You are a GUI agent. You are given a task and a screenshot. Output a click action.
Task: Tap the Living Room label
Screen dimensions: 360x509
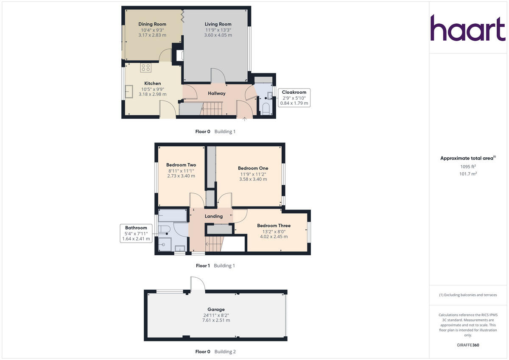click(218, 24)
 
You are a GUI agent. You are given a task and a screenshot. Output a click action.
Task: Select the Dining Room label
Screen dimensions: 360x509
click(152, 24)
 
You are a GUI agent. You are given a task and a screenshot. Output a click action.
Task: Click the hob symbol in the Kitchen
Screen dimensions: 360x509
click(145, 67)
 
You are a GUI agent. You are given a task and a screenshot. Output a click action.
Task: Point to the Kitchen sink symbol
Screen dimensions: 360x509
click(128, 90)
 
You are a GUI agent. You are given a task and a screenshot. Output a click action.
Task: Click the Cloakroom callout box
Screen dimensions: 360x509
click(294, 98)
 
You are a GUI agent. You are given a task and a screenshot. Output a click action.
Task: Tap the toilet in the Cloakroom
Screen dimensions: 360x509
click(266, 109)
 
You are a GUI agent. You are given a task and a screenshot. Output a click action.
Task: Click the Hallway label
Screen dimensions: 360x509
click(217, 93)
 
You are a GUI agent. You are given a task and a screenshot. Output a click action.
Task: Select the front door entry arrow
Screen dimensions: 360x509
click(244, 119)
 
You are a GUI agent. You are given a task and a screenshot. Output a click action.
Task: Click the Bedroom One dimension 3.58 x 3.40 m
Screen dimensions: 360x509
click(253, 179)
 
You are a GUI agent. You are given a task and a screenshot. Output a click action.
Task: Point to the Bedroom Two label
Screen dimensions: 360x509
click(181, 165)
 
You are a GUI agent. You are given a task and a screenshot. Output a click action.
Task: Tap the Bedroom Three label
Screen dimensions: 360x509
click(274, 226)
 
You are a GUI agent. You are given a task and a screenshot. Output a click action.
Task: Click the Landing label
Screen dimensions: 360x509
click(214, 216)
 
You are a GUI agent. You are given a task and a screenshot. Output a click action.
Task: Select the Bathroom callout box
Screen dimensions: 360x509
click(136, 233)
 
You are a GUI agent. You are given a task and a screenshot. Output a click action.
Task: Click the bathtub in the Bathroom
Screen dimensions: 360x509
click(172, 216)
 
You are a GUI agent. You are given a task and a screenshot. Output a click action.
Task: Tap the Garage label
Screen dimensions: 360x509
click(216, 310)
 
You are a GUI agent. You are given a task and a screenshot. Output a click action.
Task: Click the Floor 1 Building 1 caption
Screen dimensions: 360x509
click(215, 266)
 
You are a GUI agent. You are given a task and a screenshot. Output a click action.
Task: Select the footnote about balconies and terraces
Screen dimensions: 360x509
click(468, 295)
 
